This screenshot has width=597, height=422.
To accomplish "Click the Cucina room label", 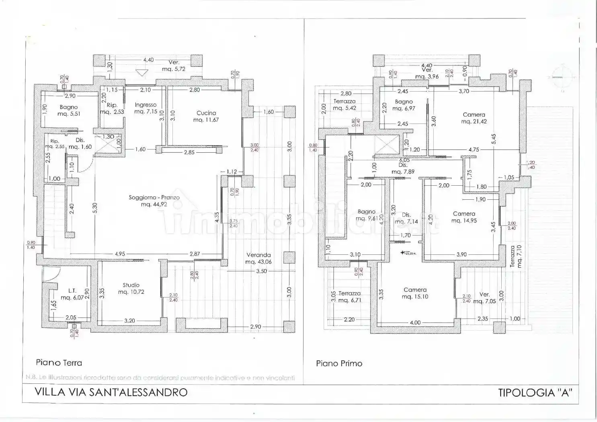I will (x=206, y=113).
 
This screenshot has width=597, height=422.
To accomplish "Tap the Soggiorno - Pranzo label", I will (x=154, y=197).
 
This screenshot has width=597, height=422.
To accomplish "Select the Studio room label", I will (x=131, y=285).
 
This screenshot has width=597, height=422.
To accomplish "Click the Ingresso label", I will (x=146, y=104).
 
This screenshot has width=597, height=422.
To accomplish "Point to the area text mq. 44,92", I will (x=154, y=205).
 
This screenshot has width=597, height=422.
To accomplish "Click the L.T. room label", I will (x=72, y=291).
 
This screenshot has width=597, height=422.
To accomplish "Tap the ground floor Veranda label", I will (x=258, y=255).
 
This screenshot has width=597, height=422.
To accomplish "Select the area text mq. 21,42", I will (x=474, y=121).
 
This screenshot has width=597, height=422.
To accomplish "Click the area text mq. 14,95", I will (x=464, y=221).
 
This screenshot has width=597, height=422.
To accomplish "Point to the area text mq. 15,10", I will (x=415, y=297).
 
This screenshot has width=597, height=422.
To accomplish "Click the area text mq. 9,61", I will (x=366, y=219).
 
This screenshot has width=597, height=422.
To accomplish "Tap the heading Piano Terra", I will (x=59, y=363).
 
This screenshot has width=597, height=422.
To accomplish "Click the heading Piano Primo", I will (x=339, y=363).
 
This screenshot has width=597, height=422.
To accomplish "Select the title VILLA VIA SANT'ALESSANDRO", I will (x=111, y=392).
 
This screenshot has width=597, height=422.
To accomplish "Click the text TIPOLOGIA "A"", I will (x=535, y=393).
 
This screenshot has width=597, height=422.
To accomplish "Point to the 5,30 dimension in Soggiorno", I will (x=95, y=208).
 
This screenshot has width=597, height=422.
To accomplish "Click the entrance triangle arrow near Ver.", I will (x=141, y=73).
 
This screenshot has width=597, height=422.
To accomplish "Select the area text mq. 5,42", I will (x=345, y=108).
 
